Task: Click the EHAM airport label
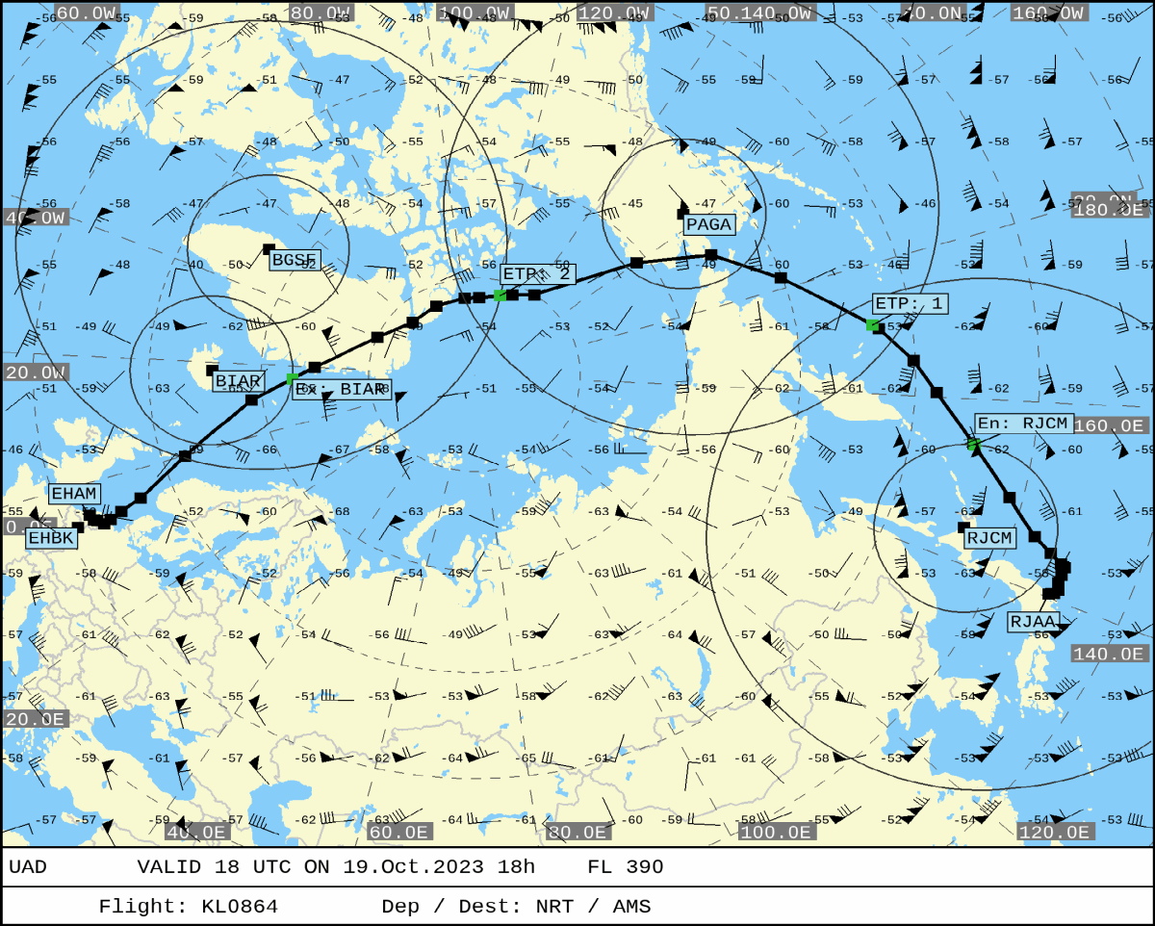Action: point(74,494)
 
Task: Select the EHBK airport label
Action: point(51,538)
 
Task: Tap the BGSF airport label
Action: point(295,260)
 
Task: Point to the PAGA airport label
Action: point(709,224)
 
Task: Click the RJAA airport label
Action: point(1033,622)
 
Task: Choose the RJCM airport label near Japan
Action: point(990,538)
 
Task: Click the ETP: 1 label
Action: point(910,304)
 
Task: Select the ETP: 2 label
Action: point(537,274)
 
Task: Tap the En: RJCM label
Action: point(1022,424)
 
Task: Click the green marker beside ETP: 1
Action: point(872,324)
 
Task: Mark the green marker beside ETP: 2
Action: point(500,295)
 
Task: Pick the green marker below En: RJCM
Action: point(973,444)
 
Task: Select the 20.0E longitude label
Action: point(37,719)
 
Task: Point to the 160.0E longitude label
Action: point(1110,425)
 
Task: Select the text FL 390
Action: point(625,867)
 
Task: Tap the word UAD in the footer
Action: point(28,867)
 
